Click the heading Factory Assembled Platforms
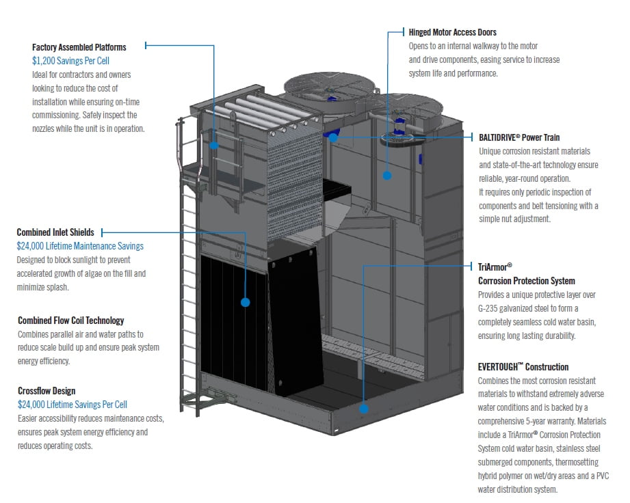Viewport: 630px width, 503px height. (x=79, y=47)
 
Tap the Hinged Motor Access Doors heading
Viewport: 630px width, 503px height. (x=452, y=32)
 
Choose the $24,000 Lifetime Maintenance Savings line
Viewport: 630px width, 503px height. (x=80, y=246)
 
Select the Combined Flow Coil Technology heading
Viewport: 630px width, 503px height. (x=70, y=321)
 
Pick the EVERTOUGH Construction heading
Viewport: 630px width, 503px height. (x=523, y=367)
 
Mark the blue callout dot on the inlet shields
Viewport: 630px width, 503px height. (x=245, y=301)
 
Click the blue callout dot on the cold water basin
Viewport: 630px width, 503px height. (x=364, y=409)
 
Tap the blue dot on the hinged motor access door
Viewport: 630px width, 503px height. (x=386, y=175)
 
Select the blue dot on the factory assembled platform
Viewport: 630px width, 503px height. (x=214, y=145)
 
